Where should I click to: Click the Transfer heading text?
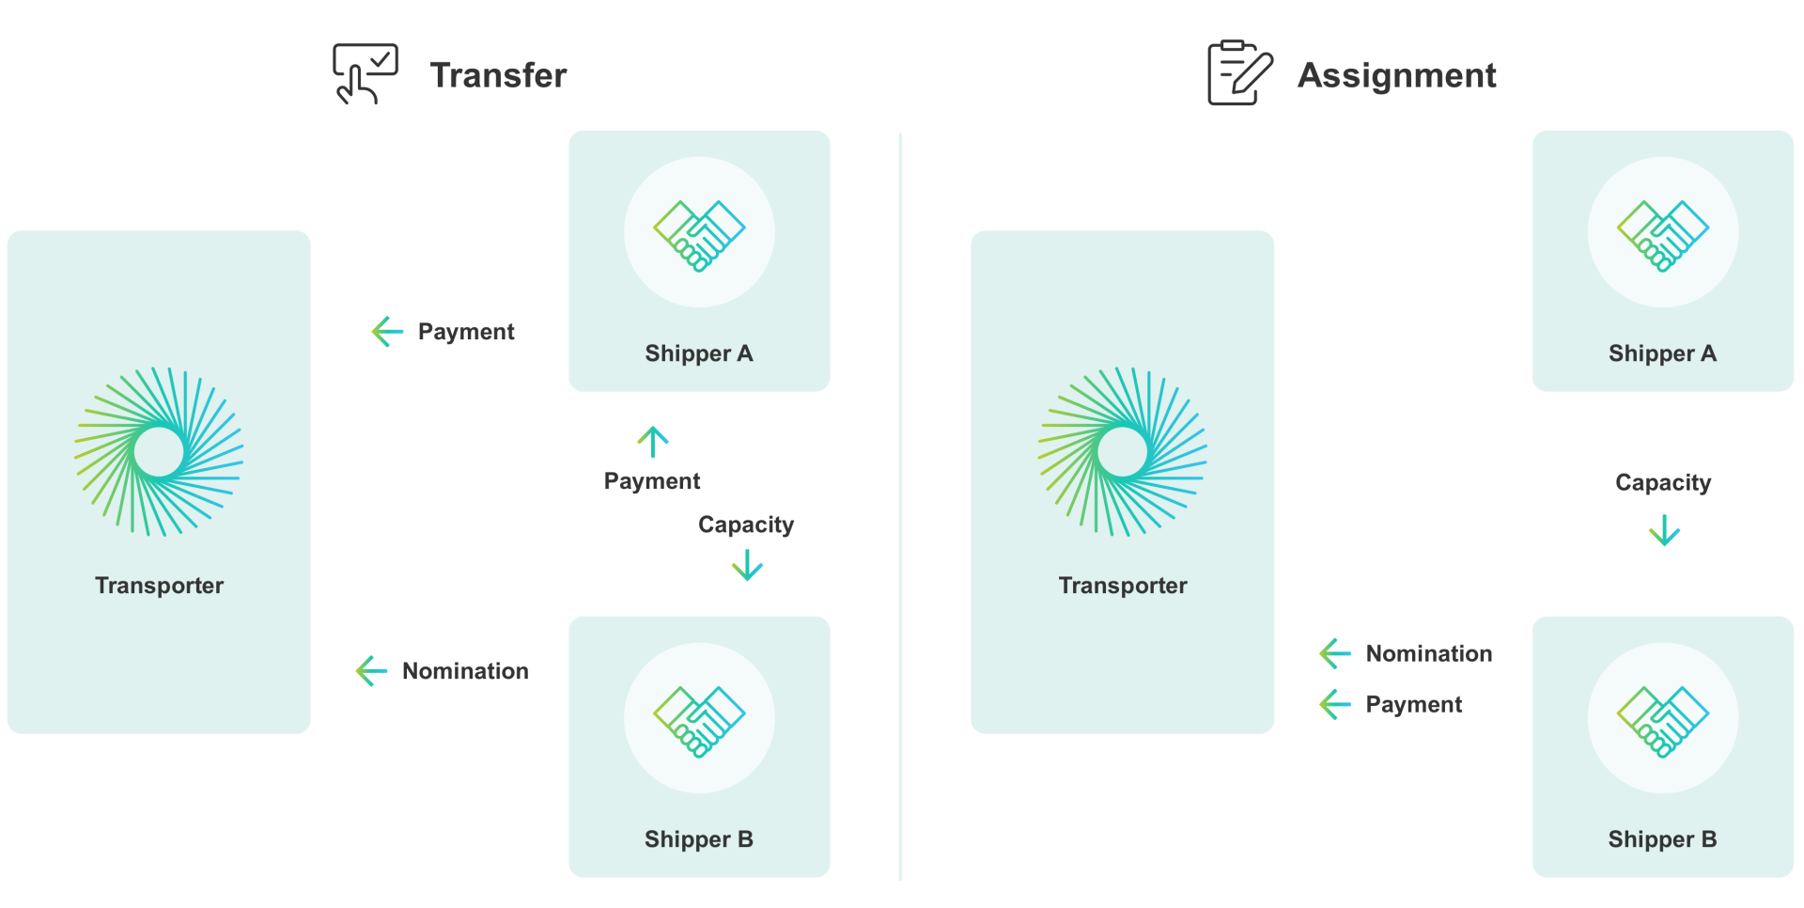click(498, 75)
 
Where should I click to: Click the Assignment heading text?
click(1396, 75)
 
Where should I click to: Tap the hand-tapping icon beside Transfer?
click(365, 73)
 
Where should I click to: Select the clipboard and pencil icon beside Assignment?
click(1240, 72)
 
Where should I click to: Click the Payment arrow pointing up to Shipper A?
click(653, 442)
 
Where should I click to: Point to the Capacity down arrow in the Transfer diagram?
click(747, 565)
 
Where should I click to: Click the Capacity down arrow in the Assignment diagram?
click(1664, 530)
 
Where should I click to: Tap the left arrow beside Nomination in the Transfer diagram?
click(372, 671)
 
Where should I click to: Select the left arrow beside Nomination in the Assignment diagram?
click(1335, 653)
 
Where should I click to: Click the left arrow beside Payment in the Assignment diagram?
click(1335, 704)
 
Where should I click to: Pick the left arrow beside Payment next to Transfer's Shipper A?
click(387, 331)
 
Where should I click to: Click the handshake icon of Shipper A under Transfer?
click(699, 235)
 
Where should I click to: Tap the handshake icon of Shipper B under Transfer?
click(699, 721)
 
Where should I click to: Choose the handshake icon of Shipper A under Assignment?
click(1663, 235)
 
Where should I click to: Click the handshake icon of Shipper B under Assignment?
click(1663, 721)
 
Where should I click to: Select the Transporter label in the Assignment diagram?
click(1123, 586)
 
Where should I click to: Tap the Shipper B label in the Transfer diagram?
click(699, 839)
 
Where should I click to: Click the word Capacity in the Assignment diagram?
click(1663, 483)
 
